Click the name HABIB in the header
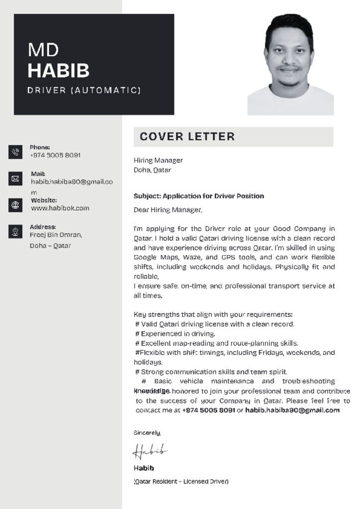[x=58, y=71]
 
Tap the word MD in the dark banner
[x=43, y=50]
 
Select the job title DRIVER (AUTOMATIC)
[x=84, y=90]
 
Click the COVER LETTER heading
[x=187, y=137]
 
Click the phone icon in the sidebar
[x=15, y=152]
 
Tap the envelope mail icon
[x=15, y=178]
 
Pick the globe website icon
[x=15, y=205]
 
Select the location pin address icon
[x=15, y=231]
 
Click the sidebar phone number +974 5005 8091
[x=55, y=155]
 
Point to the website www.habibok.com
[x=60, y=208]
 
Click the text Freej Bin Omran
[x=56, y=235]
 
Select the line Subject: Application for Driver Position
[x=199, y=196]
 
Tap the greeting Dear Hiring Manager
[x=168, y=210]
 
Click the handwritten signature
[x=149, y=451]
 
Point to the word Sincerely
[x=147, y=433]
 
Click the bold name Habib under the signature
[x=144, y=468]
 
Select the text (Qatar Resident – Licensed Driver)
[x=181, y=481]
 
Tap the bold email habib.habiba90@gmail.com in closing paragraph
[x=292, y=411]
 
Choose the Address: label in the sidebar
[x=43, y=227]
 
